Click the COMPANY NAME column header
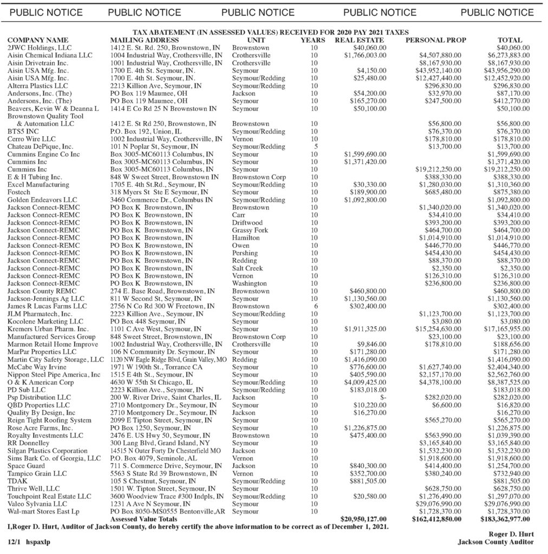pyautogui.click(x=38, y=40)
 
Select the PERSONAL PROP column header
pyautogui.click(x=435, y=40)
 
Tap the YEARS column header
pyautogui.click(x=313, y=40)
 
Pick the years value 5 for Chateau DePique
pyautogui.click(x=315, y=147)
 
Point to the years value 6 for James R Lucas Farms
pyautogui.click(x=315, y=306)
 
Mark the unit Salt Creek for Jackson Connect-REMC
pyautogui.click(x=247, y=268)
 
